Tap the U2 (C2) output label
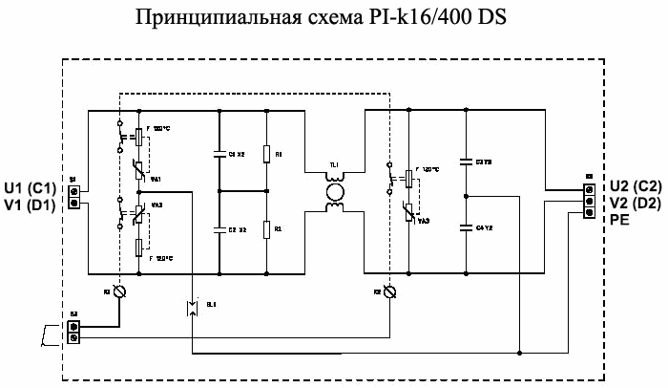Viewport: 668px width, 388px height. click(634, 188)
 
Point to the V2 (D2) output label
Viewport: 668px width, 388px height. click(634, 203)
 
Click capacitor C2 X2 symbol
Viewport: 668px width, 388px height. click(220, 230)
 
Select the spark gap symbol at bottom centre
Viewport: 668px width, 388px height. click(192, 307)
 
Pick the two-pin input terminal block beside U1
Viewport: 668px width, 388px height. click(73, 196)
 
